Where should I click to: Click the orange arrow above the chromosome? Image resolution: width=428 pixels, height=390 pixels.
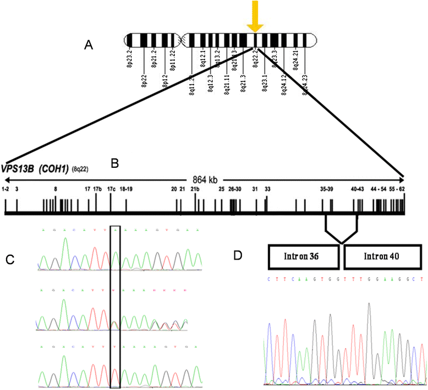point(254,15)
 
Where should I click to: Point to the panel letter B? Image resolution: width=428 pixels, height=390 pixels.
point(115,163)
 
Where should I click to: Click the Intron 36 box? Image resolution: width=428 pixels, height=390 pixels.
point(303,257)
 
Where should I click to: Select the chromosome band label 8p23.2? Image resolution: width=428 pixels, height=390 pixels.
point(131,57)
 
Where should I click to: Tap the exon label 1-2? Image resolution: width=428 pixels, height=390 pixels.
point(6,189)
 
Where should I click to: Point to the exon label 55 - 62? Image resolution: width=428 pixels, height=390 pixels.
point(397,189)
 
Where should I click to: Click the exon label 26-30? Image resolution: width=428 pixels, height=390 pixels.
point(235,189)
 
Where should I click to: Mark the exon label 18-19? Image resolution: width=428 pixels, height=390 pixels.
point(127,189)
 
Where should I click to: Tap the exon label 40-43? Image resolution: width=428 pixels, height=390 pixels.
point(358,189)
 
